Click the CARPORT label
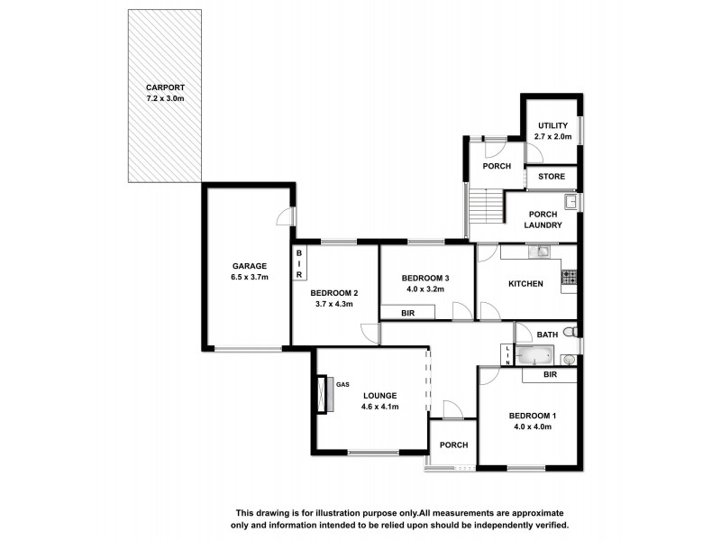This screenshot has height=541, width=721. pos(164,87)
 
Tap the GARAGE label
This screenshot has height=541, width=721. pos(249,266)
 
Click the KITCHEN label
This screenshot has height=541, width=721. pos(525,284)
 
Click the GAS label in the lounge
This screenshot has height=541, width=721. pos(342,385)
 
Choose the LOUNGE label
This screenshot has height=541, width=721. pos(379,396)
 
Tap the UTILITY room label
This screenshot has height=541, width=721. pos(552,125)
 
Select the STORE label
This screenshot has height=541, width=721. pos(552,177)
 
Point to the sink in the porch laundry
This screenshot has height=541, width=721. pos(570,201)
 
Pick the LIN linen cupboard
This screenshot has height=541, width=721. pos(508,354)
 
